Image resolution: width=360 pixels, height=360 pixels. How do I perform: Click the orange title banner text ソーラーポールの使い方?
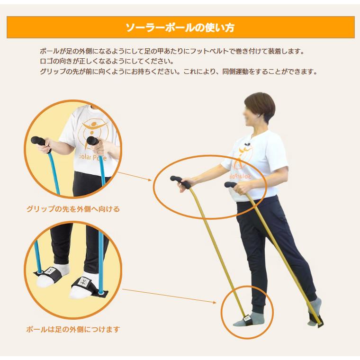pyautogui.click(x=180, y=27)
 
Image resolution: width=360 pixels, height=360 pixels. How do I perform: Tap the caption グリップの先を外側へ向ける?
pyautogui.click(x=73, y=209)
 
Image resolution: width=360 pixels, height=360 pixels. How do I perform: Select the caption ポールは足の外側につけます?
pyautogui.click(x=73, y=329)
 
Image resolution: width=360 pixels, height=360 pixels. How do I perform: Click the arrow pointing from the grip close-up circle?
pyautogui.click(x=135, y=176)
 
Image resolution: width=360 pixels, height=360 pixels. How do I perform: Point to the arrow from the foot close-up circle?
pyautogui.click(x=169, y=296)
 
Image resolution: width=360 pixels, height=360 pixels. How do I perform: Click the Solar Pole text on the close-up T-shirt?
pyautogui.click(x=93, y=157)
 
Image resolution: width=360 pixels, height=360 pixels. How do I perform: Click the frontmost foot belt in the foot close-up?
pyautogui.click(x=89, y=287)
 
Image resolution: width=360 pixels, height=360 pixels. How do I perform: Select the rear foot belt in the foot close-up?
pyautogui.click(x=49, y=274)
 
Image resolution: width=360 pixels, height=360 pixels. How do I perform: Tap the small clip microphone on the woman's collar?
pyautogui.click(x=247, y=144)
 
